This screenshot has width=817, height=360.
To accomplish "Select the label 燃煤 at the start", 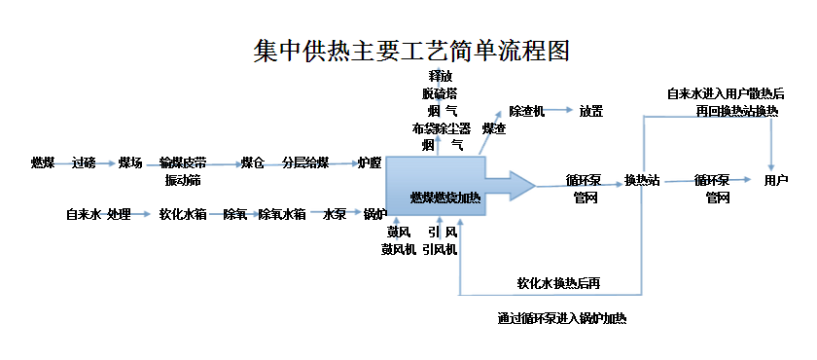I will [x=43, y=162].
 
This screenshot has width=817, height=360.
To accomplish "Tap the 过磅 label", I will [x=84, y=162].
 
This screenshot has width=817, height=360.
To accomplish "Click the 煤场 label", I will [x=130, y=162].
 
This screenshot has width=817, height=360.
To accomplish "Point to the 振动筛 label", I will [x=181, y=179].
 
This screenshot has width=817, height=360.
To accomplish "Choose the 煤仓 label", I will [x=253, y=162].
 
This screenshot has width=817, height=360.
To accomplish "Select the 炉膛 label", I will [x=369, y=162].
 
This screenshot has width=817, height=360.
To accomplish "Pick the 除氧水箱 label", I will [x=282, y=214].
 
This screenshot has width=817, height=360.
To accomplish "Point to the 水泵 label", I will [x=336, y=214].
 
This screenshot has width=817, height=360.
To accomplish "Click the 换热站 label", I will [x=642, y=180].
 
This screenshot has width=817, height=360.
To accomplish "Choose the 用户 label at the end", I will [x=775, y=180].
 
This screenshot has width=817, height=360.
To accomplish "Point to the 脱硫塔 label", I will [x=440, y=93].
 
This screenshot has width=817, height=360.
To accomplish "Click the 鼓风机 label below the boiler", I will [x=399, y=249].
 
